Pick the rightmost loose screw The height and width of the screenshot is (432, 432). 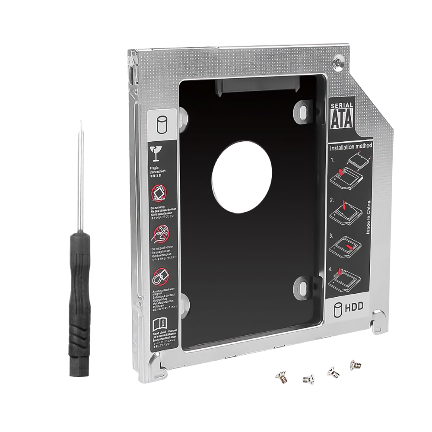coord(355,365)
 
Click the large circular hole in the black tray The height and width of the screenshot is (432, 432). coord(241,177)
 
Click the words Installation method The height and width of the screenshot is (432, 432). coord(351,147)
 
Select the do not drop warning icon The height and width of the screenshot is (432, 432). coord(158,193)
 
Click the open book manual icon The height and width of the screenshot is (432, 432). coord(159,322)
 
